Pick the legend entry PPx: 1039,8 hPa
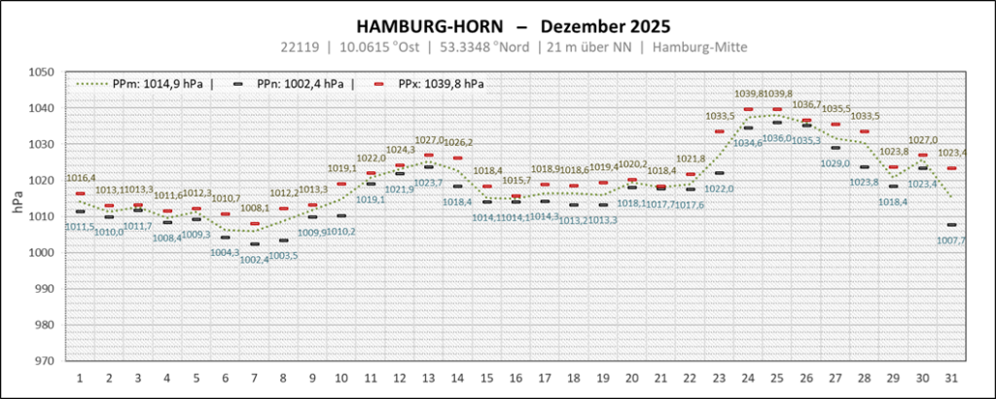pyautogui.click(x=441, y=84)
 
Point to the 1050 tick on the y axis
pyautogui.click(x=42, y=72)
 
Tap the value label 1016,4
pyautogui.click(x=80, y=178)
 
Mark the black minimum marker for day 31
pyautogui.click(x=950, y=225)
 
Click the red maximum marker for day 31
pyautogui.click(x=950, y=168)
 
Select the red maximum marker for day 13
pyautogui.click(x=428, y=155)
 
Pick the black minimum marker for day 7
pyautogui.click(x=254, y=243)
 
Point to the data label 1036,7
pyautogui.click(x=806, y=104)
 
